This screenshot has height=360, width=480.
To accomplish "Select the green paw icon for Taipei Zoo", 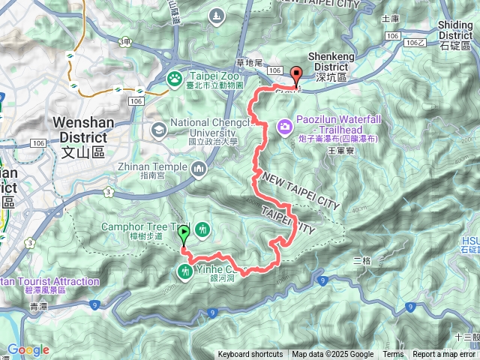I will pos(175,78).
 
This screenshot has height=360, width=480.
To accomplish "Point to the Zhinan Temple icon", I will pos(199,169).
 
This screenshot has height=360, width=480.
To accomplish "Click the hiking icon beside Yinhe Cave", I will pos(185,272).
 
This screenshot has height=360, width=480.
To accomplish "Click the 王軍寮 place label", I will pos(340,151).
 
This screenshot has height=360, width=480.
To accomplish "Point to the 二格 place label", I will pos(361,259).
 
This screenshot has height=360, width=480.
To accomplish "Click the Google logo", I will pos(28,349).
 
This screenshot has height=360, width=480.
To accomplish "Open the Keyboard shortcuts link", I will pos(250,355).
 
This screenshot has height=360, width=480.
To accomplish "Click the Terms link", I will pos(393,355).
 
